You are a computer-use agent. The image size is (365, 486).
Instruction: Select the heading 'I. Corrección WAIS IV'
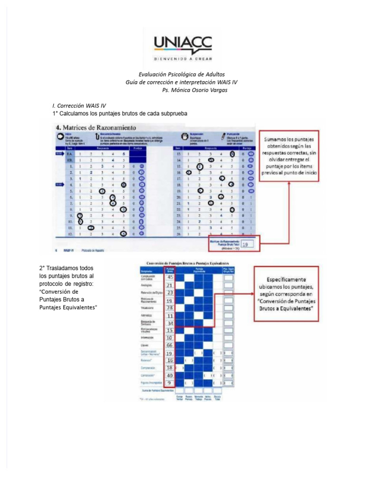pyautogui.click(x=79, y=106)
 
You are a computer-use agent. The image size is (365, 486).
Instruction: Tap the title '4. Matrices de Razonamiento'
pyautogui.click(x=96, y=127)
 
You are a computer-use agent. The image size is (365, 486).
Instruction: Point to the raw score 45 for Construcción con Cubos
pyautogui.click(x=170, y=277)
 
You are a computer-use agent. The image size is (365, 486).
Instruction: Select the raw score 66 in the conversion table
pyautogui.click(x=170, y=345)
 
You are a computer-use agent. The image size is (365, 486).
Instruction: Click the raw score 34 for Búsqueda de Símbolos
pyautogui.click(x=170, y=323)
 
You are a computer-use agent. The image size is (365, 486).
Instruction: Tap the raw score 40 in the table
pyautogui.click(x=170, y=375)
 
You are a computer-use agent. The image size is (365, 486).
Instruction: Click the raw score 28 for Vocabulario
pyautogui.click(x=170, y=308)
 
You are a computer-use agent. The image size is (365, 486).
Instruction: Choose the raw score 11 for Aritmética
pyautogui.click(x=170, y=316)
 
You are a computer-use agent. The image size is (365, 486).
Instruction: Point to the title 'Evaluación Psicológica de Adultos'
pyautogui.click(x=182, y=75)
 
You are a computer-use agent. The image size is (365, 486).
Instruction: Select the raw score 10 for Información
pyautogui.click(x=170, y=337)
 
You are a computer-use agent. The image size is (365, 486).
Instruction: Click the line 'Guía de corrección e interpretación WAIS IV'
pyautogui.click(x=182, y=82)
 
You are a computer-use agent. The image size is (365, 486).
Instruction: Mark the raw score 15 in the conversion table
pyautogui.click(x=170, y=330)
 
